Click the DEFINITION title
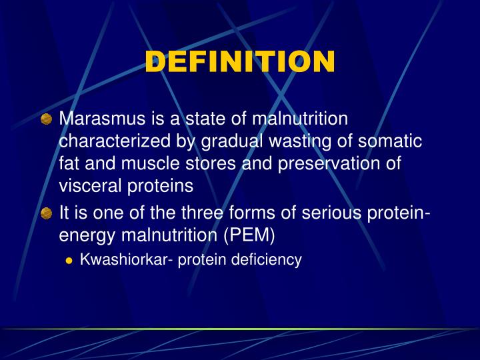pyautogui.click(x=240, y=62)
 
